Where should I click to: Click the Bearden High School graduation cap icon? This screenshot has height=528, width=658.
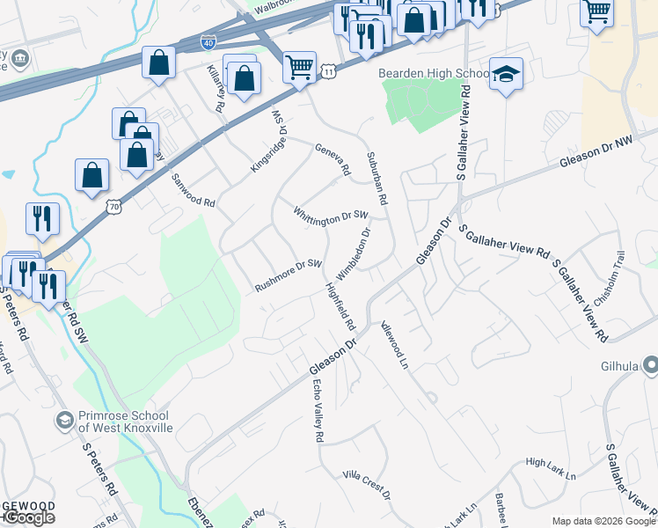click(x=506, y=74)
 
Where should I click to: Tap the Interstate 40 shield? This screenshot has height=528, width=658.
click(x=208, y=41)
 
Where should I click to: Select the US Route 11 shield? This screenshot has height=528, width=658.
click(x=326, y=69)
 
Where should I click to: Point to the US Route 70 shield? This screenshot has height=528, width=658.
click(x=112, y=206)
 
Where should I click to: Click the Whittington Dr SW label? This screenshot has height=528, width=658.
click(x=330, y=216)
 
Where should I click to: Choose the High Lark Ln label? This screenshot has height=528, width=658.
click(x=550, y=468)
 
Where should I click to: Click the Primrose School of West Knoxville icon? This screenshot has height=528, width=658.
click(x=64, y=422)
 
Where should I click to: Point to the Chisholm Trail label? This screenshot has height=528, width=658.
click(x=625, y=264)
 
